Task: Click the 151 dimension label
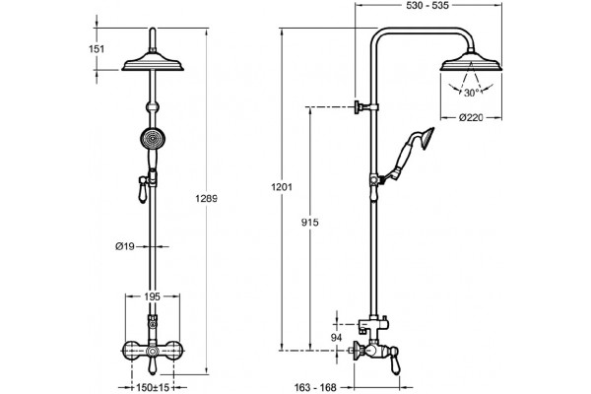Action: click(97, 49)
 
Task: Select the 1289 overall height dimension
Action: click(206, 198)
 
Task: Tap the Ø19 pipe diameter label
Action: click(125, 246)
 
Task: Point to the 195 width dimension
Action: click(153, 296)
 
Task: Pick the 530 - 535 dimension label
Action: click(427, 5)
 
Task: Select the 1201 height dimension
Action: click(282, 186)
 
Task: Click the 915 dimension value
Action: click(310, 223)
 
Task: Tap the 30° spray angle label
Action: click(472, 93)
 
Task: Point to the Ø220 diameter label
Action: click(471, 117)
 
